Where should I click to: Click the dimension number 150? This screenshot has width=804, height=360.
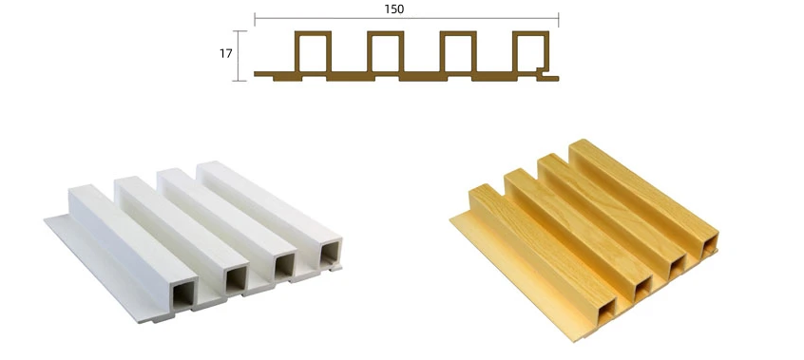point(393,9)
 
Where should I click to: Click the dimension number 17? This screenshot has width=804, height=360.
point(226,53)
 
